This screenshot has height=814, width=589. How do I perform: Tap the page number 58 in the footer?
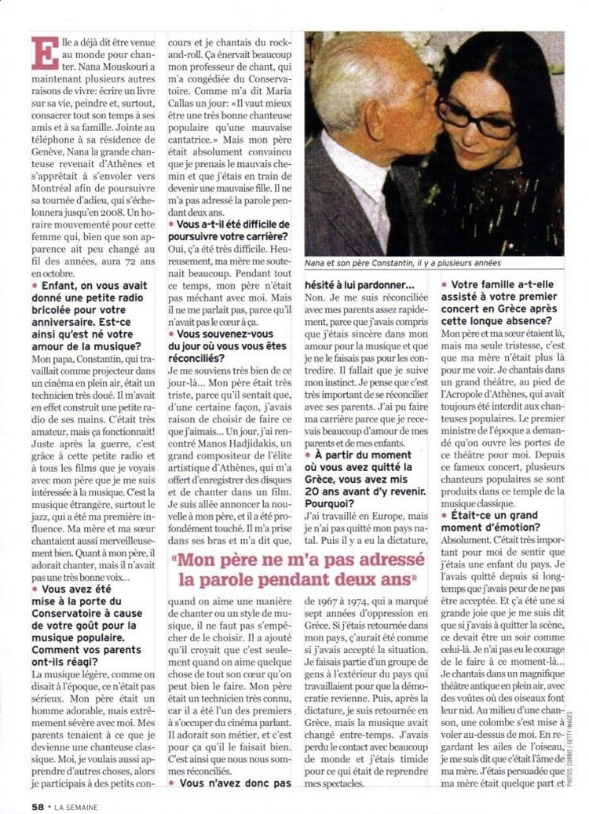point(37,806)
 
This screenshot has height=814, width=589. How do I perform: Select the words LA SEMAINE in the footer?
point(76,806)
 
